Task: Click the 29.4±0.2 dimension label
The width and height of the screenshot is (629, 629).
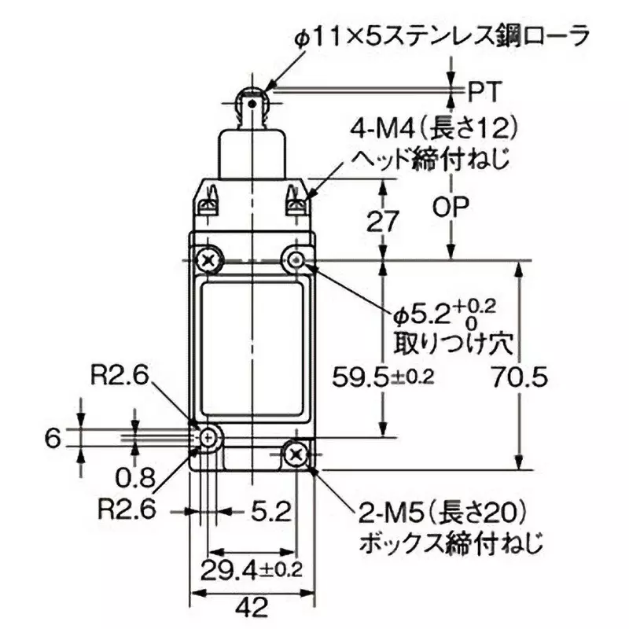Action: tap(252, 568)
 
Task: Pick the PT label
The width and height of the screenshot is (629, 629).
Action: tap(480, 92)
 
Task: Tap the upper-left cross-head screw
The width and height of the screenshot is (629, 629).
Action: tap(208, 259)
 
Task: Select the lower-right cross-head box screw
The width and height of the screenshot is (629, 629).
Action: tap(296, 453)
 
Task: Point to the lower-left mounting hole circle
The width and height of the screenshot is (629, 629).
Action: tap(208, 437)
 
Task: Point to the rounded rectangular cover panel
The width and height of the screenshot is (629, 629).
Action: tap(252, 352)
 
